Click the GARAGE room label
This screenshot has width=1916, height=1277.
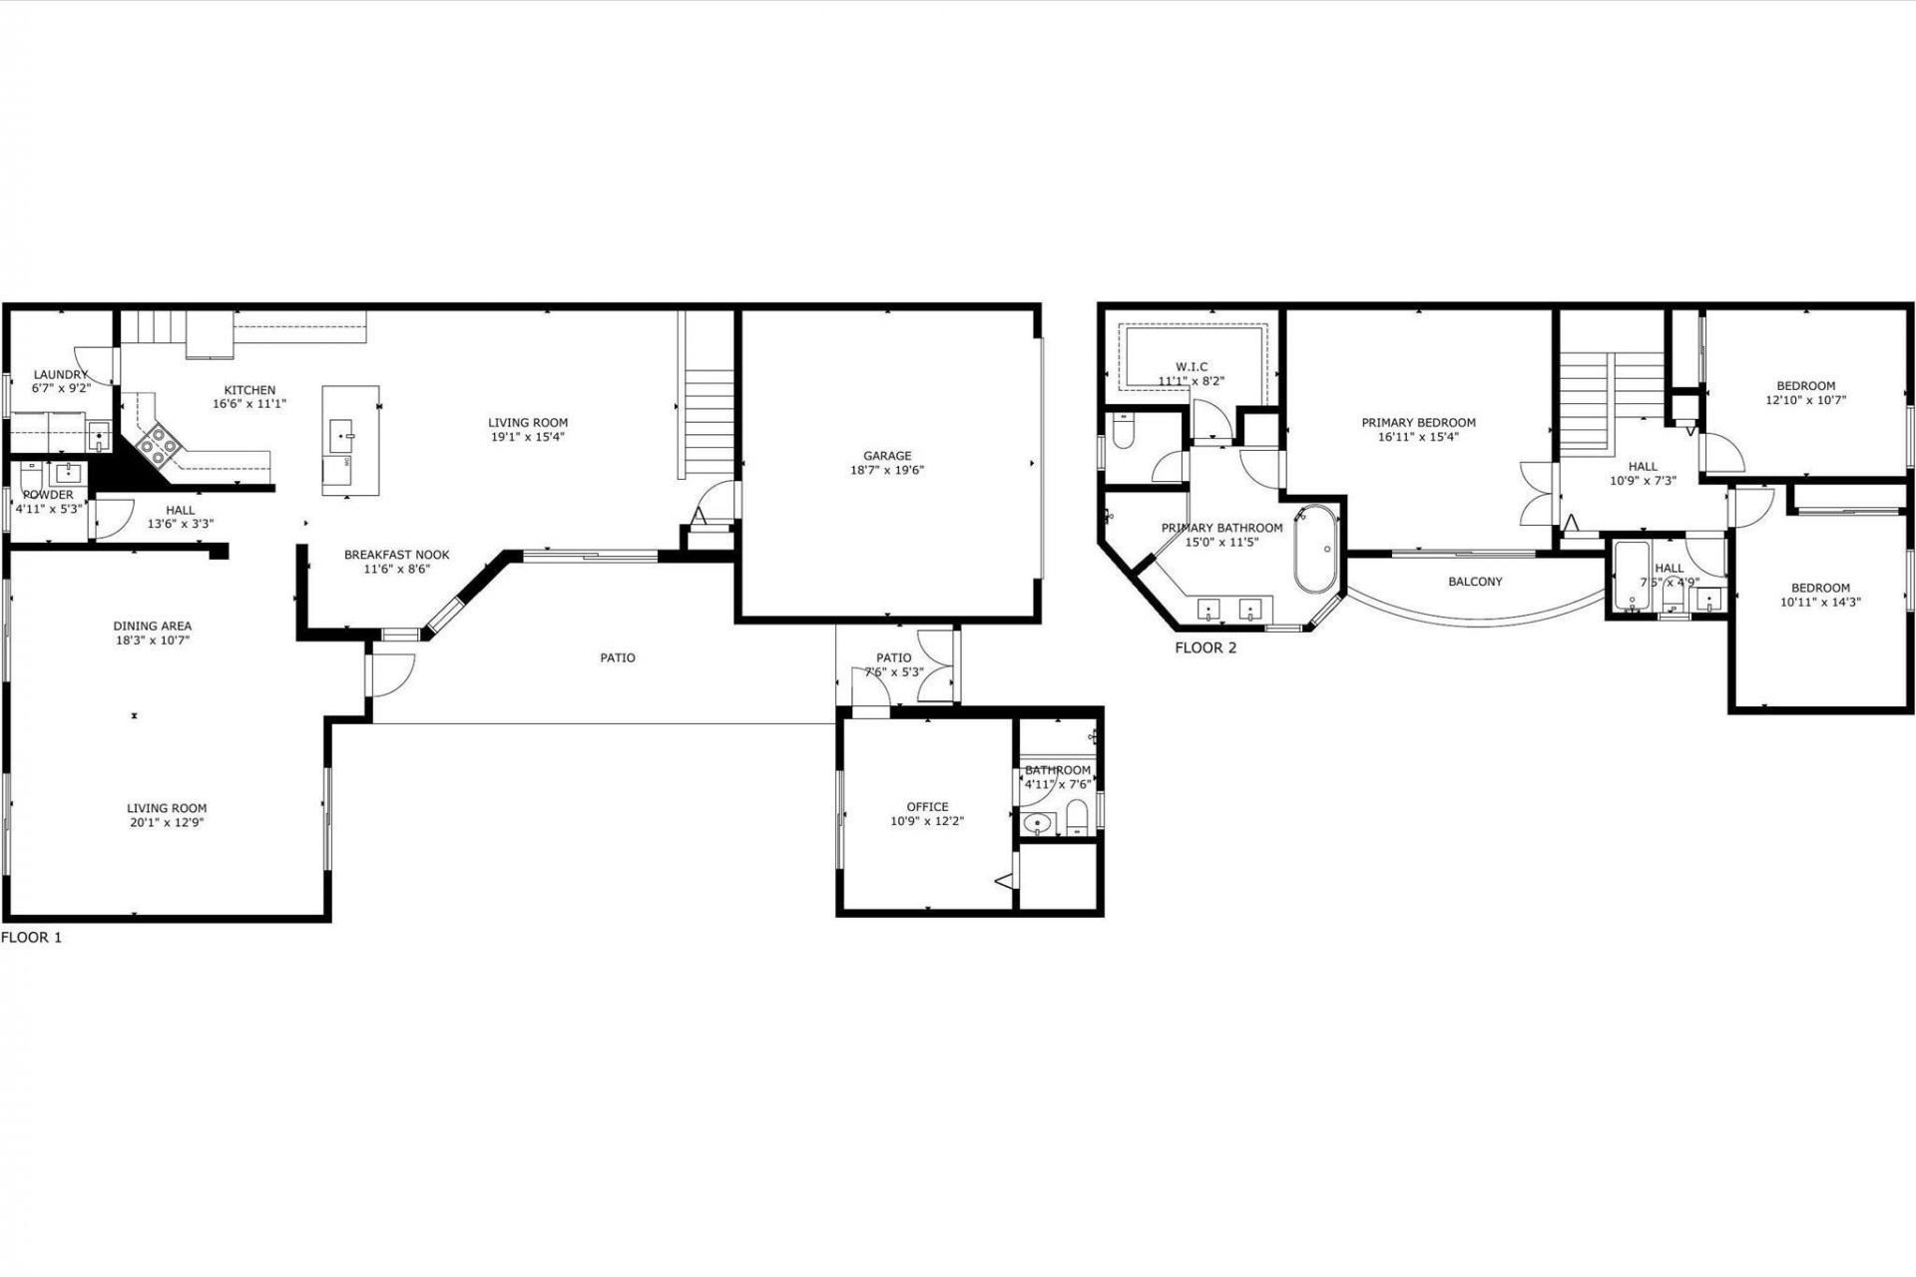886,456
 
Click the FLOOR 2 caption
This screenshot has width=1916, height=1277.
1205,647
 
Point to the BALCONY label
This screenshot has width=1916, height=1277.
1474,582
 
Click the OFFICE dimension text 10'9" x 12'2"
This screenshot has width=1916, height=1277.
927,821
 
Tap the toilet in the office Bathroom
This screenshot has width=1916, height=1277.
1076,821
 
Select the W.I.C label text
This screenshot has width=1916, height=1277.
1191,367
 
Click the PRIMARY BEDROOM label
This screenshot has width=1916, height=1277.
1418,423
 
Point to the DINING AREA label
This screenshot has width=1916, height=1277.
152,627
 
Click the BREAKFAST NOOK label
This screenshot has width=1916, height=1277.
396,555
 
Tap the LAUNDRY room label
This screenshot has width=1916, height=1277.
61,375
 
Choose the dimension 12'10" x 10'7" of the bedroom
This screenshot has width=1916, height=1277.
1805,400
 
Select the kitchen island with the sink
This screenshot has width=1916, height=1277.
350,439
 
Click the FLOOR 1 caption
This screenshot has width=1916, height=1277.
32,938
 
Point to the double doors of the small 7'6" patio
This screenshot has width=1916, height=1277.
935,665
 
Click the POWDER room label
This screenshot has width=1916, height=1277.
48,495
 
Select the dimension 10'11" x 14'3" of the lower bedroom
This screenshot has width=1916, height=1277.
1820,602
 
